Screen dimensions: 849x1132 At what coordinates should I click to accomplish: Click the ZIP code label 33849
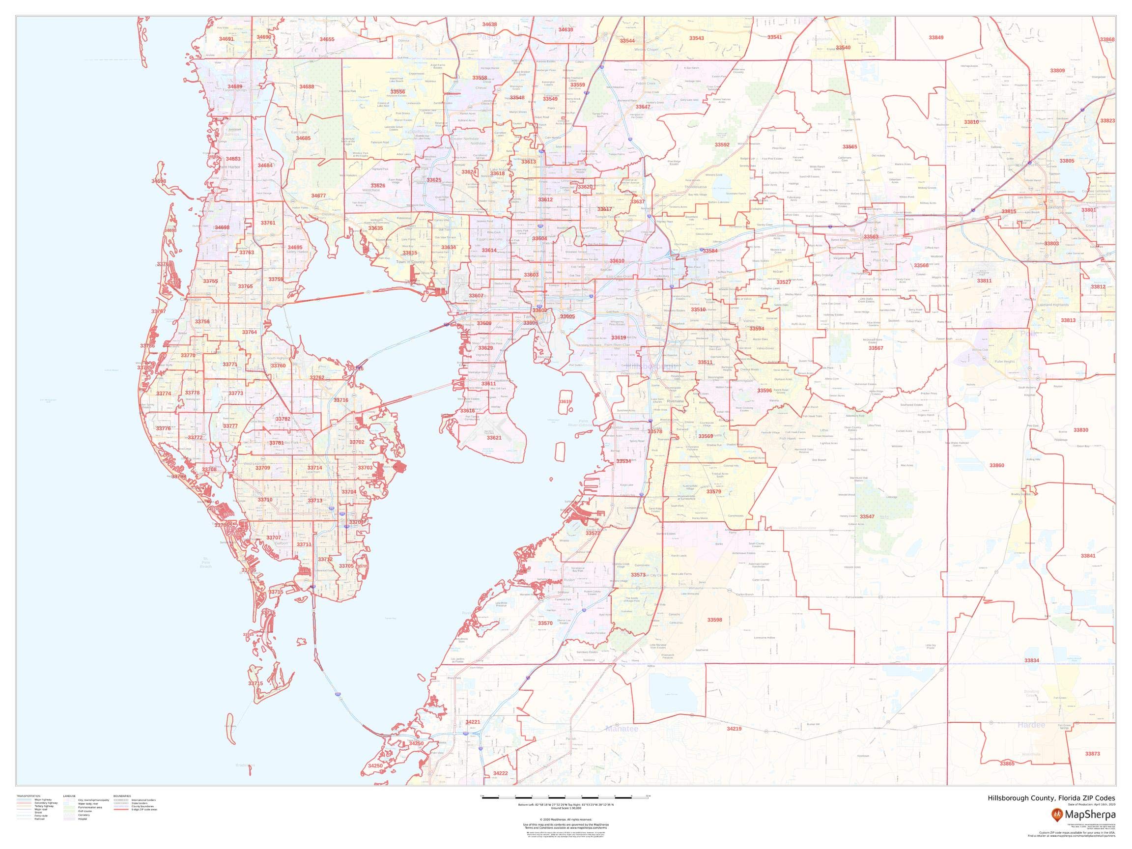click(936, 38)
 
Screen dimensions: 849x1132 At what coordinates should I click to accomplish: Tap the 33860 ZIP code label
click(996, 466)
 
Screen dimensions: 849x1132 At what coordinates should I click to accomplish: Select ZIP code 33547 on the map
click(867, 517)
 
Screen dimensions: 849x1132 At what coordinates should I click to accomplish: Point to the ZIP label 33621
click(494, 438)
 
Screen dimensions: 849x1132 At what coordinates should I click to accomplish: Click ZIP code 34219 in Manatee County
click(734, 729)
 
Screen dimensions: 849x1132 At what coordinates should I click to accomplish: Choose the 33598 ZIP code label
click(714, 620)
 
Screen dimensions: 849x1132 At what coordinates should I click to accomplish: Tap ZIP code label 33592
click(722, 145)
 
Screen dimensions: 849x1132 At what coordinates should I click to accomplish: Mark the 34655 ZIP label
click(327, 39)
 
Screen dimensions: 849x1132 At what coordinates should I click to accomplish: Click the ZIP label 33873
click(1092, 754)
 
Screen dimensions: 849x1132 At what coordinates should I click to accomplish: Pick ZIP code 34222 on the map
click(501, 773)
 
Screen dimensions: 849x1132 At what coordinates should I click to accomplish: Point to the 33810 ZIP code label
click(971, 122)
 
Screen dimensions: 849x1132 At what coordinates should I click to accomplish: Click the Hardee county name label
click(1031, 725)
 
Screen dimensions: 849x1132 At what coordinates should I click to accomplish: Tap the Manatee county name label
click(622, 729)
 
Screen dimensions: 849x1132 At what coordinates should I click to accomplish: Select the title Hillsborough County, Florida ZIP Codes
click(1051, 798)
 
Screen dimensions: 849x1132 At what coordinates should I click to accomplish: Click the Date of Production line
click(1091, 804)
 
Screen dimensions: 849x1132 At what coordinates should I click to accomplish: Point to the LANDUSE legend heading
click(70, 796)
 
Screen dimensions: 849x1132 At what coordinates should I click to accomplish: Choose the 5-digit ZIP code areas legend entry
click(144, 810)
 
